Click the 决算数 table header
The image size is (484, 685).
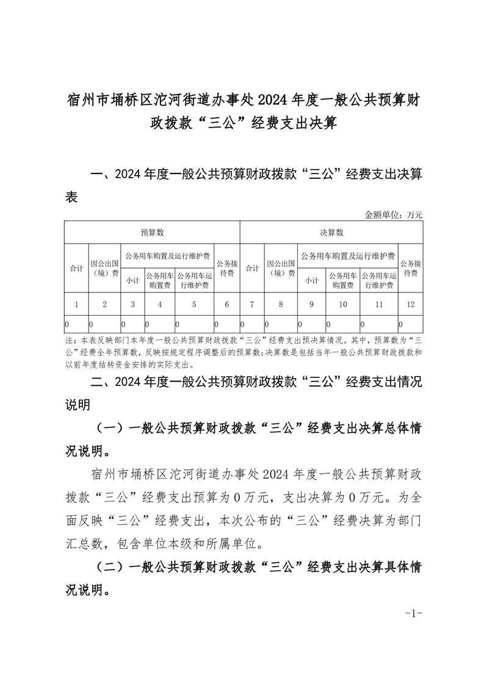click(x=331, y=233)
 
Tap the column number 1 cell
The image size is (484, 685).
click(x=76, y=304)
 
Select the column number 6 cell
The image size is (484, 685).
click(x=227, y=304)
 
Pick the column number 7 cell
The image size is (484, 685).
click(x=252, y=304)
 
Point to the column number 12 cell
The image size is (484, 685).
click(x=410, y=304)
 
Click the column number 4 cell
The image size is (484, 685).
click(x=159, y=304)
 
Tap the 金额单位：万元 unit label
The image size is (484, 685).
click(x=394, y=215)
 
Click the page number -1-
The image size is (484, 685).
click(x=414, y=613)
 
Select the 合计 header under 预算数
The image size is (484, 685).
click(x=76, y=269)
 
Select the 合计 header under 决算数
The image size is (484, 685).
click(x=252, y=268)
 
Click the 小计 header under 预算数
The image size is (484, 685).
click(x=132, y=281)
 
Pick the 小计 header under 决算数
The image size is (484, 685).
click(x=312, y=281)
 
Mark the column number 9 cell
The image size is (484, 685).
click(x=312, y=304)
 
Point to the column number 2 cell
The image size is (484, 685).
click(x=104, y=304)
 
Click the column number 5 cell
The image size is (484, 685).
click(x=194, y=304)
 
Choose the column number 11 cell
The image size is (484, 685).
click(x=378, y=304)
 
